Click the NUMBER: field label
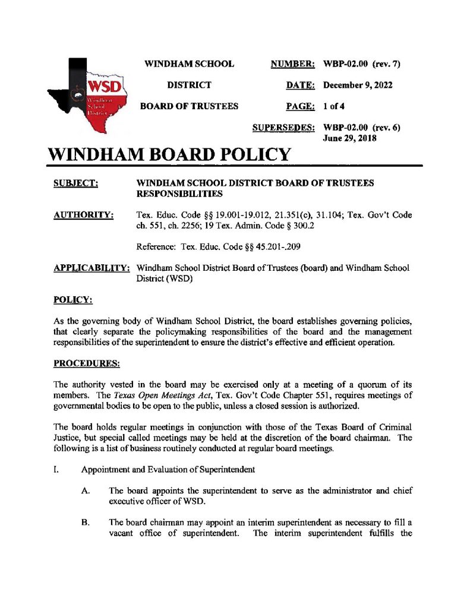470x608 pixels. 292,64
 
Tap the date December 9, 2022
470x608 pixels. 358,85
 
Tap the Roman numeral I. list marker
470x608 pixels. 55,470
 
